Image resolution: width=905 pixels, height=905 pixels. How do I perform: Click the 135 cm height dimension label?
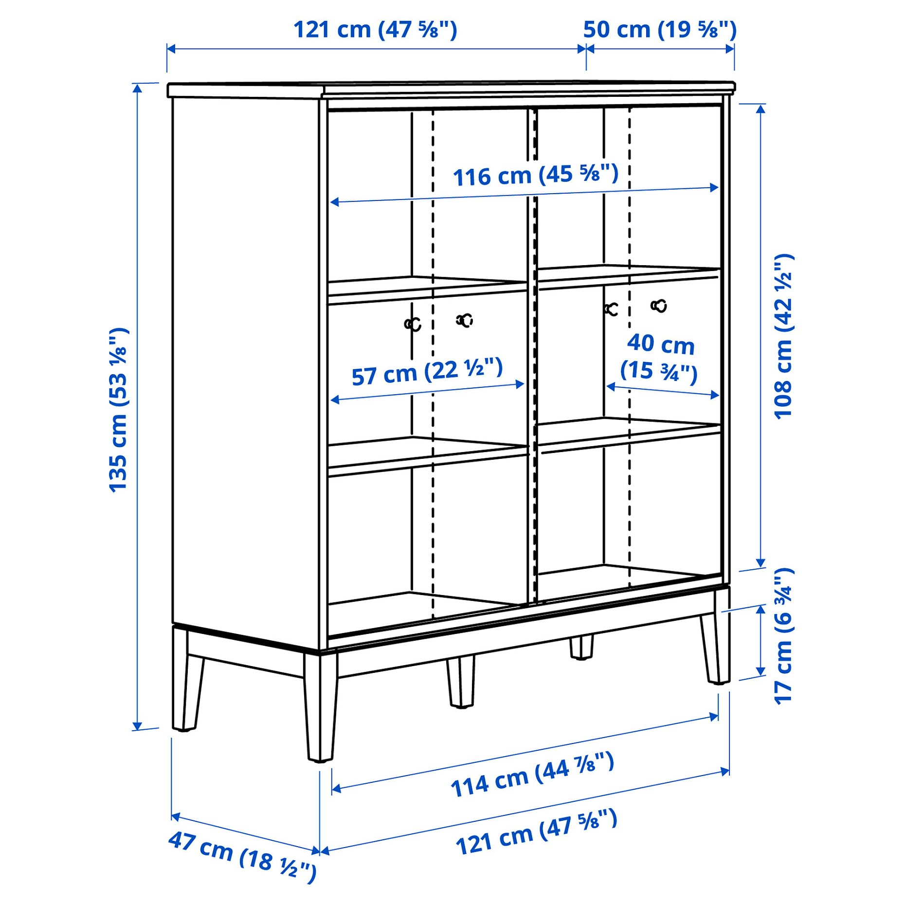click(x=118, y=410)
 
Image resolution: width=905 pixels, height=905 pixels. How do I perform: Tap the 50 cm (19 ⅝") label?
click(x=660, y=30)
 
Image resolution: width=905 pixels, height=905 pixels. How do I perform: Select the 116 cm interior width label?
click(x=535, y=175)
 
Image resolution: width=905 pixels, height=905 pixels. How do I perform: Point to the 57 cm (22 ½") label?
click(x=427, y=372)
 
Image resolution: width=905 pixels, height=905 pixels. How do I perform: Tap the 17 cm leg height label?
click(x=783, y=635)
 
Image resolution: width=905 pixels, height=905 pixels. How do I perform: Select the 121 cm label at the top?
click(x=375, y=30)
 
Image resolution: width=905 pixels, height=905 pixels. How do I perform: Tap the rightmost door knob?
click(x=659, y=306)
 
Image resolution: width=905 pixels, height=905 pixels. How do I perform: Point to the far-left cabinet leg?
click(x=186, y=681)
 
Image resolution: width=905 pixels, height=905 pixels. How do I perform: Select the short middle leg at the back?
click(x=581, y=647)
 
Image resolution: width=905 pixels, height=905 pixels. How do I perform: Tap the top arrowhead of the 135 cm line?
click(x=138, y=88)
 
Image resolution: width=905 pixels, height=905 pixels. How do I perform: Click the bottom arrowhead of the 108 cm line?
click(x=760, y=563)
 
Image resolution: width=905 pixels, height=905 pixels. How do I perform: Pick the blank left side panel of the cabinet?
click(x=246, y=360)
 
